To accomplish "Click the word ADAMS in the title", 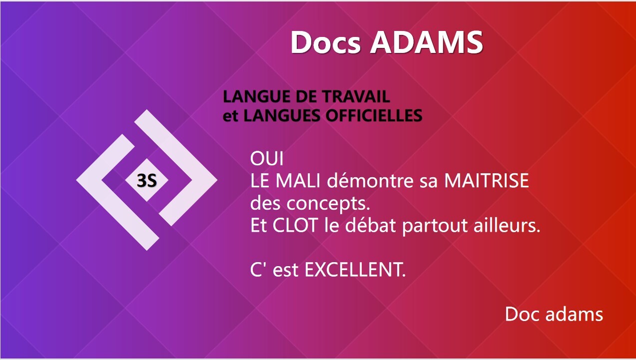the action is click(x=427, y=42).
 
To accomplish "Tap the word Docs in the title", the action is click(x=326, y=42).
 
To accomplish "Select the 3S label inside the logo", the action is click(x=146, y=180).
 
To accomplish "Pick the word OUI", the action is click(x=267, y=159).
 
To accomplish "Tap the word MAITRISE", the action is click(x=487, y=180).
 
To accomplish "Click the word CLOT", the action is click(x=295, y=225).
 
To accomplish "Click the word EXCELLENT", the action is click(x=355, y=270).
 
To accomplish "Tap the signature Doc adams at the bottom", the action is click(x=554, y=314).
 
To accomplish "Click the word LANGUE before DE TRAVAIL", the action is click(x=257, y=96).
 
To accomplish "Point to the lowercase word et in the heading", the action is click(x=230, y=116).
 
